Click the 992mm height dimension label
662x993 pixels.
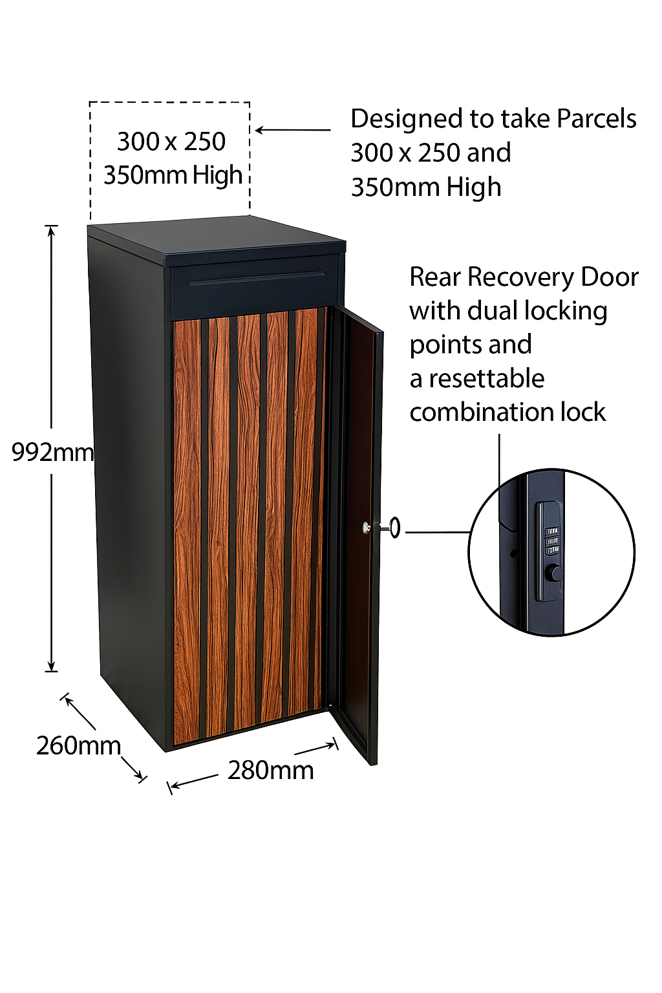52,453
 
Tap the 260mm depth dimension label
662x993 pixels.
78,745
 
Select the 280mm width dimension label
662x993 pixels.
270,770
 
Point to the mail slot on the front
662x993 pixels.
257,279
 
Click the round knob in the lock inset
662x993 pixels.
554,572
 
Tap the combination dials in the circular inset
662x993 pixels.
552,540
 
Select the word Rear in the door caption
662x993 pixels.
434,277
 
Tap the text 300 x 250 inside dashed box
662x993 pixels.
171,142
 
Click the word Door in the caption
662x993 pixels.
609,277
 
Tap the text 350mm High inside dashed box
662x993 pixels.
173,175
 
